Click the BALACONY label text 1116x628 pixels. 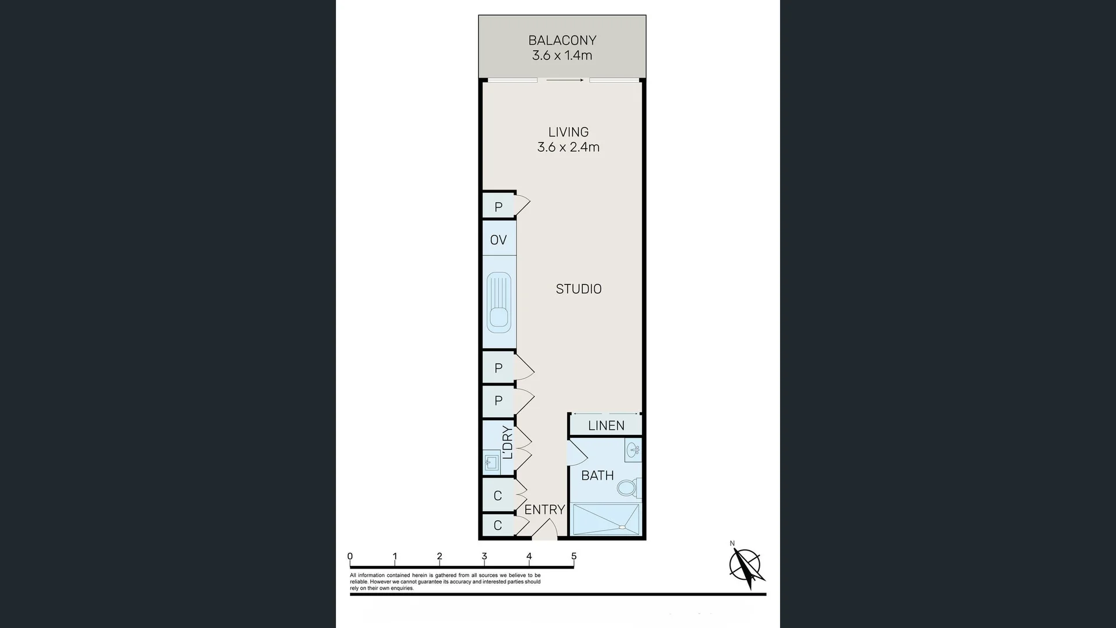(x=562, y=40)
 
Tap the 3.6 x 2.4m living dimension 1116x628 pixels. (x=568, y=147)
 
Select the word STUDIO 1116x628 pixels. (x=578, y=289)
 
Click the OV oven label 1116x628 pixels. (x=498, y=240)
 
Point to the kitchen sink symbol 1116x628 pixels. (x=499, y=302)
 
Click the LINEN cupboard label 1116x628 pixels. (x=606, y=426)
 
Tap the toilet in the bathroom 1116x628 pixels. (x=628, y=487)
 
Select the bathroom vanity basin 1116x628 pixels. (x=633, y=449)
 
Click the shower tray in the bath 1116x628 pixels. (x=606, y=519)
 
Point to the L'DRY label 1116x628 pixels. (x=508, y=443)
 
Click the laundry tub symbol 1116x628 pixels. (x=491, y=463)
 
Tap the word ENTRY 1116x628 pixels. (x=544, y=509)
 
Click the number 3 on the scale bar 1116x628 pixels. (x=484, y=556)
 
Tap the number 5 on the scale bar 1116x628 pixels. (x=574, y=556)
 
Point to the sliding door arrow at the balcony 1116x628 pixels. (x=565, y=80)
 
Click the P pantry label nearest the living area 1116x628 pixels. (x=498, y=207)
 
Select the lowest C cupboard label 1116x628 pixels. (x=498, y=526)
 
